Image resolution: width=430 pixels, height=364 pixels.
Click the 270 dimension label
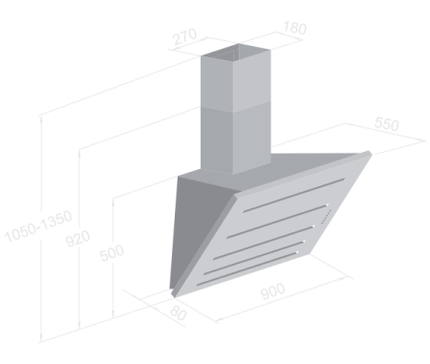185,37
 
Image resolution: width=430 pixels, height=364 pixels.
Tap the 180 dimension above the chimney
294,28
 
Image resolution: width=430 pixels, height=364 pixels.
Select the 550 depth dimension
386,124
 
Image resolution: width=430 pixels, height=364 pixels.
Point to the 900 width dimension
273,291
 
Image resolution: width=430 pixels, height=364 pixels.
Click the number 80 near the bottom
178,313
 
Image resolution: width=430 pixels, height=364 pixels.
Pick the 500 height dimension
112,253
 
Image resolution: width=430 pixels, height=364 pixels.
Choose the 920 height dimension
78,239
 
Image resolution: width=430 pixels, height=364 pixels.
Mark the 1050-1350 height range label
38,226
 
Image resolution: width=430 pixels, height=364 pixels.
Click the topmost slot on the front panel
293,195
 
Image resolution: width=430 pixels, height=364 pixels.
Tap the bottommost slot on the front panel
247,268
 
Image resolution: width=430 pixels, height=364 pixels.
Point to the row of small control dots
326,217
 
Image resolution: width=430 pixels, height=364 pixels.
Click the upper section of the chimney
236,78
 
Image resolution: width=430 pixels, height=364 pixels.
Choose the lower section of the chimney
236,139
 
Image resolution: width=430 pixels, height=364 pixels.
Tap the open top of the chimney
236,53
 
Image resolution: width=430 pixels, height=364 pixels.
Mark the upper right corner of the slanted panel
370,153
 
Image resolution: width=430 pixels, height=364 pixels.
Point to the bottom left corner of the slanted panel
174,295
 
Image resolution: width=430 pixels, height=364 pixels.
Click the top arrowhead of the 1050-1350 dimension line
41,118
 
